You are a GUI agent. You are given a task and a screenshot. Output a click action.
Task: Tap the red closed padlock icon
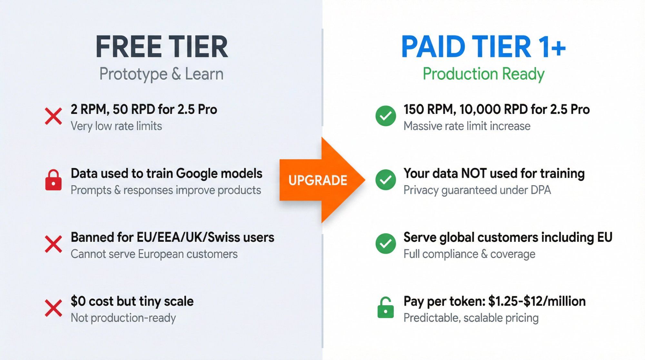(x=54, y=180)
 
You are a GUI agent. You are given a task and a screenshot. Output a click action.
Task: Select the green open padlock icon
(x=385, y=308)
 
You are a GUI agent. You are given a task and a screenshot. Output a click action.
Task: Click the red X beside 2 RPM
(x=54, y=116)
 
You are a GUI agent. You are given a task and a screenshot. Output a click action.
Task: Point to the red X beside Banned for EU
(x=54, y=244)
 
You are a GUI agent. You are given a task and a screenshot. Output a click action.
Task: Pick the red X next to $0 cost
(x=54, y=308)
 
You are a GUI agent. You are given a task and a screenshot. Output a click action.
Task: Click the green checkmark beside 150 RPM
(x=385, y=116)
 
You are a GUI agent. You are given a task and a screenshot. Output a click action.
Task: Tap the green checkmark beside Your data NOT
(x=385, y=180)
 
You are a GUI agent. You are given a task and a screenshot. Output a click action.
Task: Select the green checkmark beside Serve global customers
(x=385, y=244)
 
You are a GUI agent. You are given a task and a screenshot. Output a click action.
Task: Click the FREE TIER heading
(x=162, y=47)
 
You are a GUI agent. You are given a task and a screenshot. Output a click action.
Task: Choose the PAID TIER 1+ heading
(x=483, y=47)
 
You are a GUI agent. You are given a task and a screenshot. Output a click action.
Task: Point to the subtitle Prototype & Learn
(x=161, y=74)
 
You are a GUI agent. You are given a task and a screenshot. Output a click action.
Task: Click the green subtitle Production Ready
(x=483, y=74)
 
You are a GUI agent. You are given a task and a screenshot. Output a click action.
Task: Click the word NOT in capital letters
(x=473, y=174)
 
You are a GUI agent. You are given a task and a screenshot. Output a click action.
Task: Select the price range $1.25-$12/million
(x=537, y=301)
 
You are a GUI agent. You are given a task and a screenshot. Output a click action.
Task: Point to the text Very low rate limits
(x=116, y=126)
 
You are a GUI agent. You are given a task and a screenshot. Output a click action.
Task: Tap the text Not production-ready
(x=123, y=318)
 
